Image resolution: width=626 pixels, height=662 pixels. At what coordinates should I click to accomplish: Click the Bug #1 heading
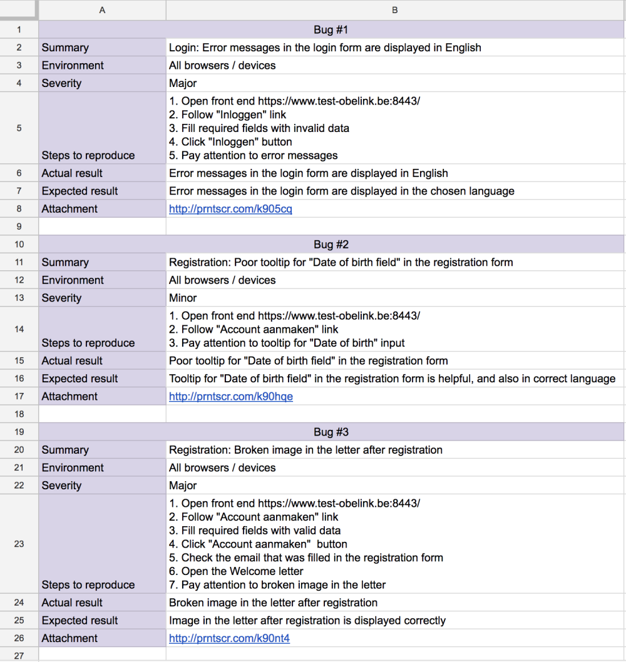click(x=331, y=29)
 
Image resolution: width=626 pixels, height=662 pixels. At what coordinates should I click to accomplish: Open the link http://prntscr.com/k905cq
click(x=230, y=209)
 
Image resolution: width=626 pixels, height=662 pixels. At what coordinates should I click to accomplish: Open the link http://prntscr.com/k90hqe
click(x=231, y=397)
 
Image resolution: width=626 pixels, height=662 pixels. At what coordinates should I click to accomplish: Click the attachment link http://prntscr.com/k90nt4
click(x=229, y=638)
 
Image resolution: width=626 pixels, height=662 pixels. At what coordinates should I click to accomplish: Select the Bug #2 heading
click(x=331, y=244)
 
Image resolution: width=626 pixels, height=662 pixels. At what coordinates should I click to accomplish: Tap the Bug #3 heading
click(x=331, y=432)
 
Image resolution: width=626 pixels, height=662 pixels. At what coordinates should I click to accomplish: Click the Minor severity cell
click(x=183, y=298)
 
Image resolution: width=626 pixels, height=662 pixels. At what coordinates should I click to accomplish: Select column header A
click(x=102, y=10)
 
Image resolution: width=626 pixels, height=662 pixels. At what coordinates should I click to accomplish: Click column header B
click(x=394, y=10)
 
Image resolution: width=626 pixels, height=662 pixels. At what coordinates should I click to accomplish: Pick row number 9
click(x=19, y=227)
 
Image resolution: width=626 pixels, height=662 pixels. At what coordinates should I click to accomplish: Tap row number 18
click(x=19, y=414)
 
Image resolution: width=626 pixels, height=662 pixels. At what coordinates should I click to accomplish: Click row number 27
click(x=19, y=655)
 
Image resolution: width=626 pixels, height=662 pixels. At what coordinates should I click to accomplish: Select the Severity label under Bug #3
click(x=61, y=486)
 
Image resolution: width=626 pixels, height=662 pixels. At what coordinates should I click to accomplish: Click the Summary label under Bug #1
click(x=65, y=48)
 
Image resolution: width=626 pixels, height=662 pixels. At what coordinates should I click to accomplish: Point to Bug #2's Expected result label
click(x=80, y=379)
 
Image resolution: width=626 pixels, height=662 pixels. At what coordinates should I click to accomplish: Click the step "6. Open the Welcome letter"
click(x=236, y=571)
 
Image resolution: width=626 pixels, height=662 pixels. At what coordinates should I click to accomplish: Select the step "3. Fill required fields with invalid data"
click(x=259, y=128)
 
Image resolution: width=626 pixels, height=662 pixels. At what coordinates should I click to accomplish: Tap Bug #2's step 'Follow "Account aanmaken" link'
click(x=254, y=329)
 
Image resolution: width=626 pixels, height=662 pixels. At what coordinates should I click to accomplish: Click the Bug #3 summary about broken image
click(x=305, y=450)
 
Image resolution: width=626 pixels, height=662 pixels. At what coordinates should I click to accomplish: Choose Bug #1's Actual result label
click(x=72, y=173)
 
